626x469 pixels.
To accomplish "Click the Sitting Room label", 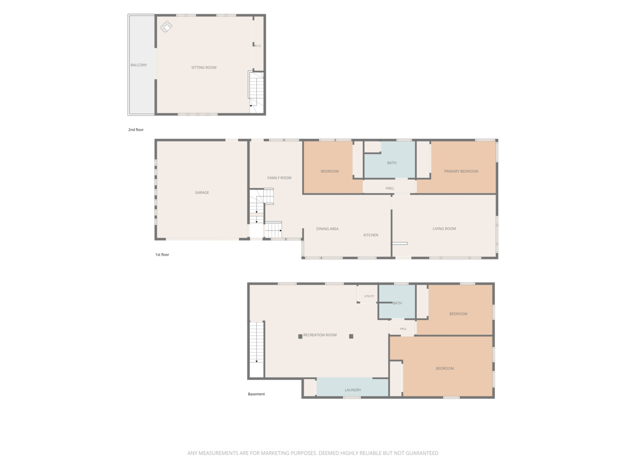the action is click(203, 67).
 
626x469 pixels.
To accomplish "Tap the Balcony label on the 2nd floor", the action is click(139, 65).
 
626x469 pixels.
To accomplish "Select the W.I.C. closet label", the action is click(258, 46).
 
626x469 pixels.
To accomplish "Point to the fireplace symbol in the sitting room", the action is click(166, 27).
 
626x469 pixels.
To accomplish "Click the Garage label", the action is click(202, 192).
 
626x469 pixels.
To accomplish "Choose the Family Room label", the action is click(279, 178).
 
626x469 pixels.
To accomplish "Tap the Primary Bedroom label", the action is click(461, 171).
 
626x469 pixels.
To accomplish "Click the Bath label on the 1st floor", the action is click(392, 162).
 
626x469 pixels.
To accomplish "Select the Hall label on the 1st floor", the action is click(390, 188).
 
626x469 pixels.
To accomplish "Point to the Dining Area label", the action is click(327, 229).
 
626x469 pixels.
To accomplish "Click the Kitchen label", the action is click(371, 235).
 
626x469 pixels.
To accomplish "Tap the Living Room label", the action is click(444, 228).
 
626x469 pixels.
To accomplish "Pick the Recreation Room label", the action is click(320, 335).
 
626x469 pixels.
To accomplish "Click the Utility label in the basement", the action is click(369, 296).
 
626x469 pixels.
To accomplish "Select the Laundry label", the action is click(353, 390).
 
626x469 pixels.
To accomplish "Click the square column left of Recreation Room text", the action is click(300, 336).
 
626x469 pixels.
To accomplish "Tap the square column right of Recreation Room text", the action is click(351, 336).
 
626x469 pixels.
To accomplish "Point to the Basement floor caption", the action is click(256, 394).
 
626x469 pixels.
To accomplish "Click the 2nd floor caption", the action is click(136, 129).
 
